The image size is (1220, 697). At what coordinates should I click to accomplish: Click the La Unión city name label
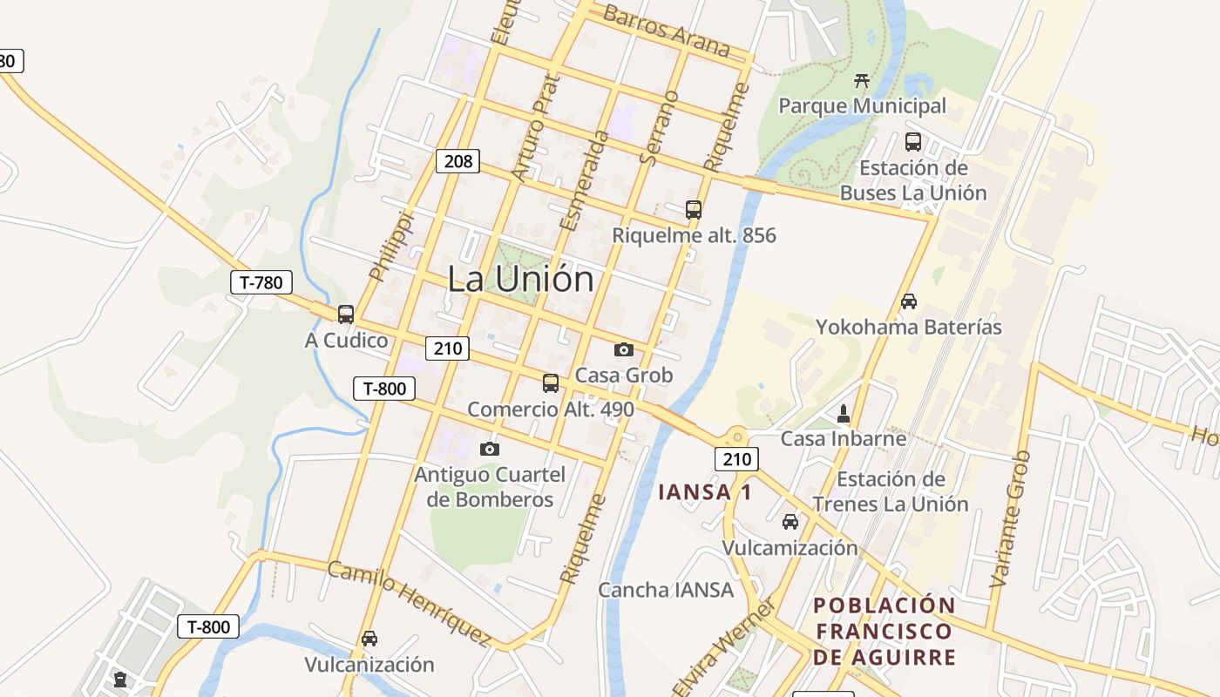[x=521, y=279]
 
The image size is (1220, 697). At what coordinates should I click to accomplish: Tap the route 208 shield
[x=457, y=160]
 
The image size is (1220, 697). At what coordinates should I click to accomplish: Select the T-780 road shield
[x=261, y=282]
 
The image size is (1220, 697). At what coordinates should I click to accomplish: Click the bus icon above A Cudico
[x=346, y=315]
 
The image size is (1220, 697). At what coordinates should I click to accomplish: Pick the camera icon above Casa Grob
[x=623, y=349]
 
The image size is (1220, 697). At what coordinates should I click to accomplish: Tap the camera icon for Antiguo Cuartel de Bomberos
[x=490, y=449]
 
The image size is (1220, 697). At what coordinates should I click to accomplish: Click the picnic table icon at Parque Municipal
[x=862, y=81]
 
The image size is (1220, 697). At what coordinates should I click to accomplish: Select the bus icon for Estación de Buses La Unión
[x=912, y=142]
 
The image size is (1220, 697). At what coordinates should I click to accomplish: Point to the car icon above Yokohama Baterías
[x=908, y=301]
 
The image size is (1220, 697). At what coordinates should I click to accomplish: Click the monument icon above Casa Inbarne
[x=843, y=413]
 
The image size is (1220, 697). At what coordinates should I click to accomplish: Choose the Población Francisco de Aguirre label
[x=884, y=631]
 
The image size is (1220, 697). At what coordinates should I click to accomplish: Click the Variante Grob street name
[x=1011, y=518]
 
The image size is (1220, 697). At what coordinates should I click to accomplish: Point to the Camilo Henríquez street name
[x=409, y=604]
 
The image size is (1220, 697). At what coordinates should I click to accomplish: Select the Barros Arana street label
[x=666, y=30]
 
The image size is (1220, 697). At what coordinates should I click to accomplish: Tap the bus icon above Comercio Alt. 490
[x=550, y=382]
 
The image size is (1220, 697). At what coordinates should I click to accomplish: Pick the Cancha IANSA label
[x=666, y=590]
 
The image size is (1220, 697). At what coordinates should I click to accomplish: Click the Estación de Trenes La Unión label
[x=890, y=491]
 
